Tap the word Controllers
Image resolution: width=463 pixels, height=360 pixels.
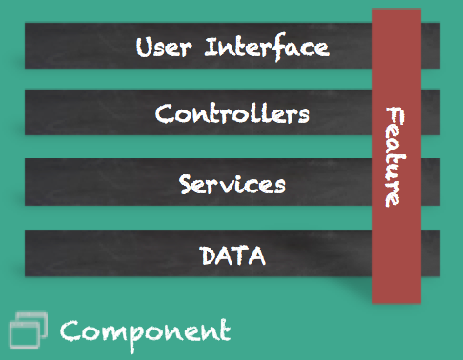(231, 114)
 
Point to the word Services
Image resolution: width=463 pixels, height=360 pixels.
(231, 183)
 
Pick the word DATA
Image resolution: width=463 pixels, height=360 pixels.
(231, 255)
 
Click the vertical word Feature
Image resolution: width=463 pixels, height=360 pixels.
(393, 156)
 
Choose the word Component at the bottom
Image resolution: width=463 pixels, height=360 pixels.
(145, 331)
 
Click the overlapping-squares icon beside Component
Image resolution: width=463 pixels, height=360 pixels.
(27, 330)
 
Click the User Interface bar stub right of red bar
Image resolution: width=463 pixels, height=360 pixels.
(431, 46)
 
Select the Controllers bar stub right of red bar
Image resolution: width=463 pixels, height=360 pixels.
(431, 114)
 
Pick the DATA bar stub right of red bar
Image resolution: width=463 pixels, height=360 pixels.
(431, 253)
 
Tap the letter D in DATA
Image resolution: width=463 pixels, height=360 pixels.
(209, 255)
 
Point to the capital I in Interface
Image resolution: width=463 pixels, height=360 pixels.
(211, 48)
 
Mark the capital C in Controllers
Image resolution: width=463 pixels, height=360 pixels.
(164, 115)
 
